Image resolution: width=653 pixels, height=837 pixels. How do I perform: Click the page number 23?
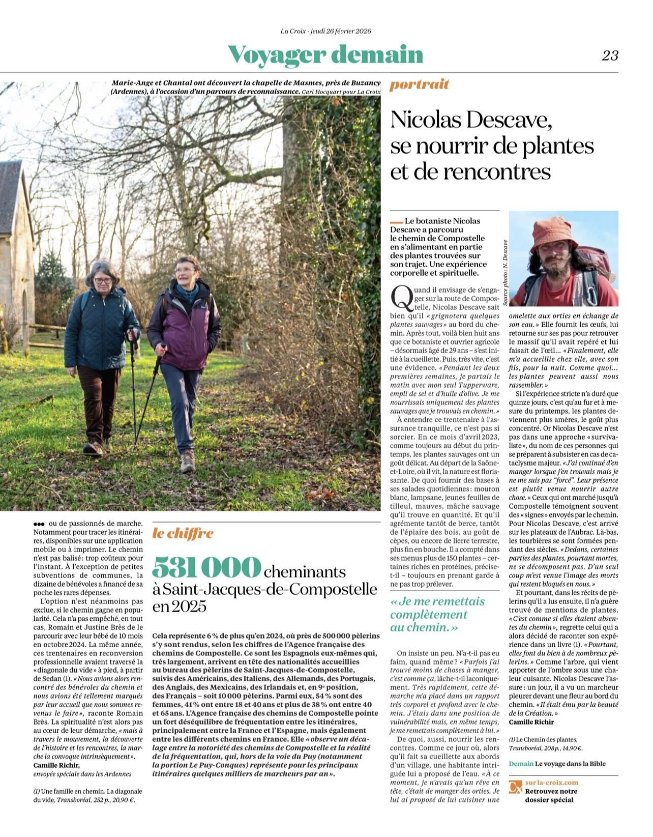[610, 55]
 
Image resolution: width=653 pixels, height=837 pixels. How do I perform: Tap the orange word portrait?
[420, 84]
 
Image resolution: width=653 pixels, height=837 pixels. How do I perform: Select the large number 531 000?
[206, 567]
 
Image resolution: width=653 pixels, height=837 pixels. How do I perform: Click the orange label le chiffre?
[183, 533]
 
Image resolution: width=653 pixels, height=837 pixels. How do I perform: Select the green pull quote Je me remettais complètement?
[437, 614]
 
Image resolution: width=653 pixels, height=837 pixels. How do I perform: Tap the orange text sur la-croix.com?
[552, 783]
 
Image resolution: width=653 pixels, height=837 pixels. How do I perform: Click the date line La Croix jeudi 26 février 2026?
[326, 31]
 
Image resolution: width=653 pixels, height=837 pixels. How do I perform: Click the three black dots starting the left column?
[39, 524]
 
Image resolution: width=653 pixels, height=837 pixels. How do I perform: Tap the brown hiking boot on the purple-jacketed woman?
[188, 460]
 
